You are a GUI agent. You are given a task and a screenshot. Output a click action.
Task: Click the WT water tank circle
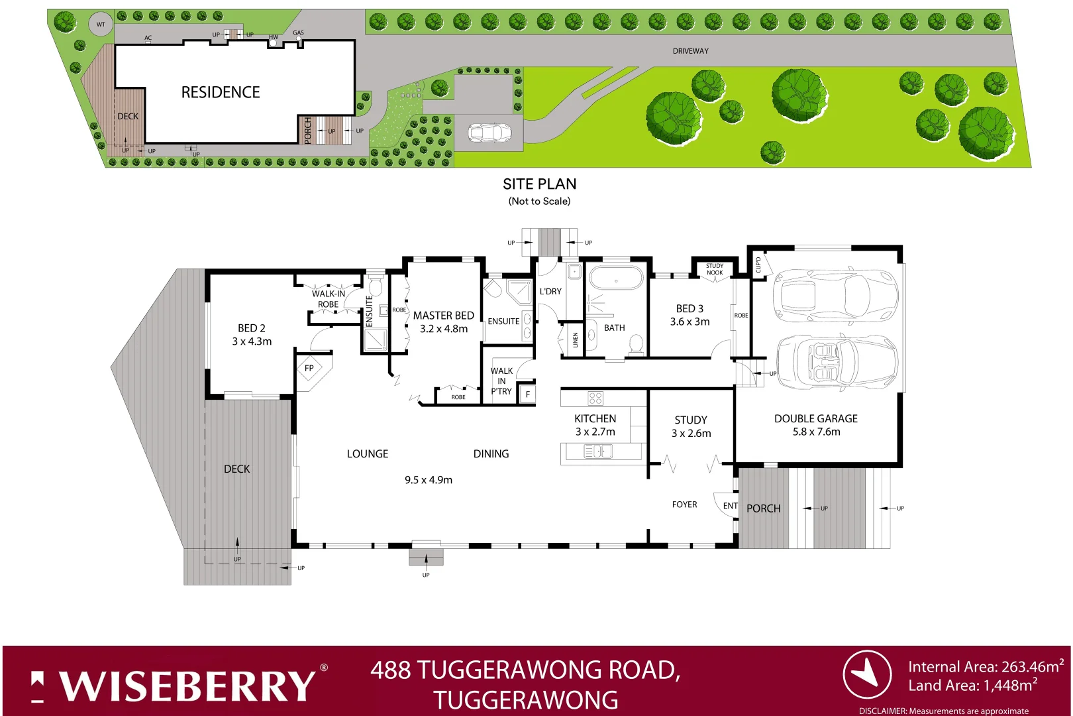[x=101, y=25]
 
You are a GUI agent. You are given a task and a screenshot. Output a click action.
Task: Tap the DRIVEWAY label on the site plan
[x=690, y=51]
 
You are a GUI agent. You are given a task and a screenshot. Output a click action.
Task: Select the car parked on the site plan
[x=490, y=133]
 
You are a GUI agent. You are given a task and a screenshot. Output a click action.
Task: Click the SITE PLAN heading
[x=539, y=184]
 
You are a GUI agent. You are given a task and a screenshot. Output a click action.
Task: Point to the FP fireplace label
[x=309, y=369]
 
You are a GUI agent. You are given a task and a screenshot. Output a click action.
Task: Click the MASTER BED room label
[x=443, y=316]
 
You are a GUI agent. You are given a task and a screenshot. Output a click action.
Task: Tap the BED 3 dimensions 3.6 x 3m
[x=690, y=322]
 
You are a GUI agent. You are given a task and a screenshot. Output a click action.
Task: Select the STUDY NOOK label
[x=714, y=269]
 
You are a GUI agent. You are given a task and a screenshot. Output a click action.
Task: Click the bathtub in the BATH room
[x=615, y=280]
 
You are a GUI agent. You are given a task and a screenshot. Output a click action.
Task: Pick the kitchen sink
[x=597, y=451]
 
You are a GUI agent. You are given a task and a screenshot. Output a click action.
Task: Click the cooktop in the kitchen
[x=595, y=398]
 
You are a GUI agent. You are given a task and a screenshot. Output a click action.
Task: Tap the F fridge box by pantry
[x=528, y=394]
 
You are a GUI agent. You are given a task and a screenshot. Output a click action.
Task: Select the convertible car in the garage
[x=836, y=362]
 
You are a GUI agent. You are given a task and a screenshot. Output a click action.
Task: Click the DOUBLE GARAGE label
[x=815, y=419]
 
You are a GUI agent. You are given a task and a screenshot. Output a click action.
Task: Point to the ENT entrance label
[x=730, y=506]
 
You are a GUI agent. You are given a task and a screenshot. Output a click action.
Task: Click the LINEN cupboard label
[x=575, y=340]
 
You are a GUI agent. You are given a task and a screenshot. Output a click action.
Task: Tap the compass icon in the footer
[x=866, y=674]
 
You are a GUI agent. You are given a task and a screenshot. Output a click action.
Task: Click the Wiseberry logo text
[x=188, y=686]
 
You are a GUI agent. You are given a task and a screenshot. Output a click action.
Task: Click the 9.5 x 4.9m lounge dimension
[x=429, y=480]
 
